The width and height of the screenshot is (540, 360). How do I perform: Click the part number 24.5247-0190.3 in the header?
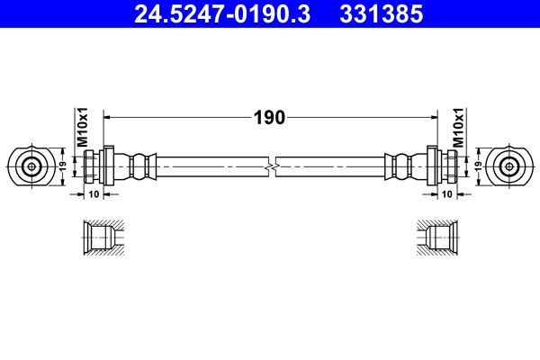click(x=222, y=14)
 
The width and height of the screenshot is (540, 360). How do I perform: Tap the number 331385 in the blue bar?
click(x=382, y=14)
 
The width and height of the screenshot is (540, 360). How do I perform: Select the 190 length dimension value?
click(x=269, y=118)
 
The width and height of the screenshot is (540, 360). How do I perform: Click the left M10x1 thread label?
click(x=83, y=127)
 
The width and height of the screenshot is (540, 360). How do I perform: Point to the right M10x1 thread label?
click(x=458, y=127)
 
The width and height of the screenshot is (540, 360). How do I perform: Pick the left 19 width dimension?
click(x=62, y=166)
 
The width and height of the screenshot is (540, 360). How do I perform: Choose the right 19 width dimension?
click(x=479, y=166)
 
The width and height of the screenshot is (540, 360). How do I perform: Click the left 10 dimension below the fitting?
click(x=94, y=194)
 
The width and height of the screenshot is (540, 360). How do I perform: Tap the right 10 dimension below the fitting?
click(x=446, y=194)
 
